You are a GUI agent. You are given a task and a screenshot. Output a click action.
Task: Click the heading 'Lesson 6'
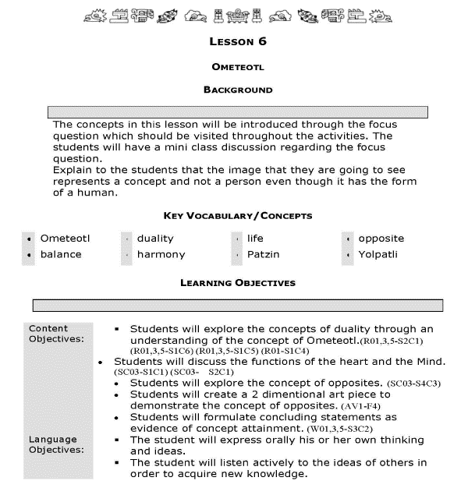tap(239, 41)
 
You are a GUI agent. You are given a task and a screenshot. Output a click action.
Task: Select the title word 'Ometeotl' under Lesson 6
tap(239, 68)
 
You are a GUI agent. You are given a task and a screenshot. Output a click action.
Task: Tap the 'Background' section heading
tap(238, 90)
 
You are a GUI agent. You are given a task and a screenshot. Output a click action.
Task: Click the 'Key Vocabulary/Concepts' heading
tap(238, 215)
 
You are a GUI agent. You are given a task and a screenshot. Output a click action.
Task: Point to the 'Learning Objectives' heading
tap(238, 283)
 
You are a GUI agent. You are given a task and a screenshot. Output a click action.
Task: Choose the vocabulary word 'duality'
tap(155, 239)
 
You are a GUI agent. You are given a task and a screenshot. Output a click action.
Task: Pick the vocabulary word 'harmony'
tap(161, 254)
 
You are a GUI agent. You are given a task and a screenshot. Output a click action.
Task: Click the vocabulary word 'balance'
tap(61, 254)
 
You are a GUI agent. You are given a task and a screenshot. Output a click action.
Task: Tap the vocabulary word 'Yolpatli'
tap(378, 254)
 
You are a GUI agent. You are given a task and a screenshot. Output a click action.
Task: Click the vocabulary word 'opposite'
tap(381, 239)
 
